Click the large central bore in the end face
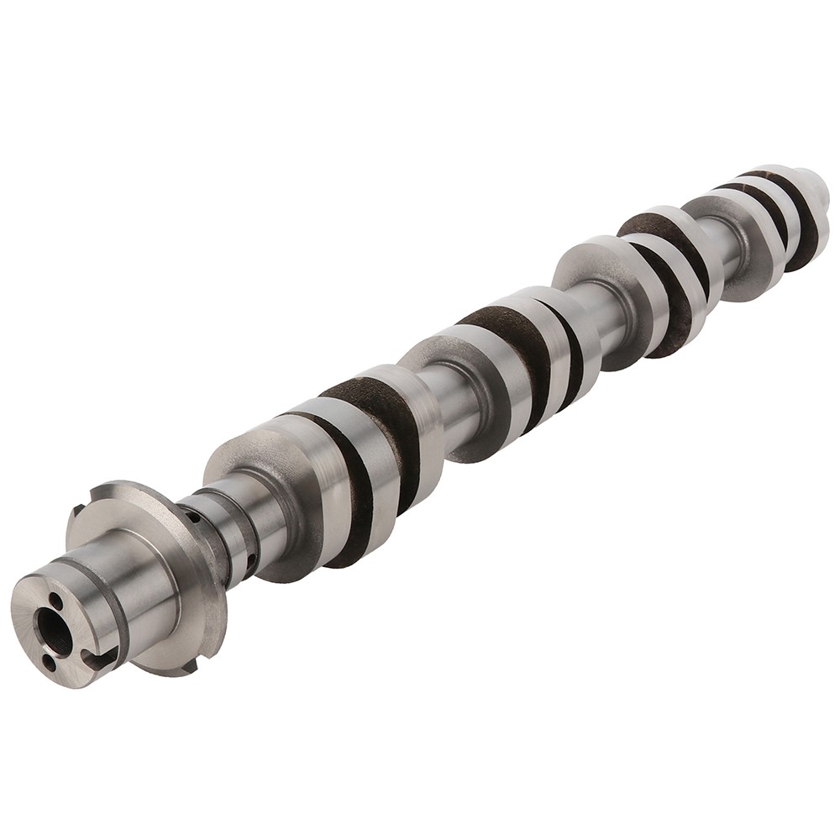click(x=53, y=625)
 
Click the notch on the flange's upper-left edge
click(x=78, y=510)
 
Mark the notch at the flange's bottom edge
click(x=192, y=665)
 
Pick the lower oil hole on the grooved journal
click(x=251, y=556)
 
